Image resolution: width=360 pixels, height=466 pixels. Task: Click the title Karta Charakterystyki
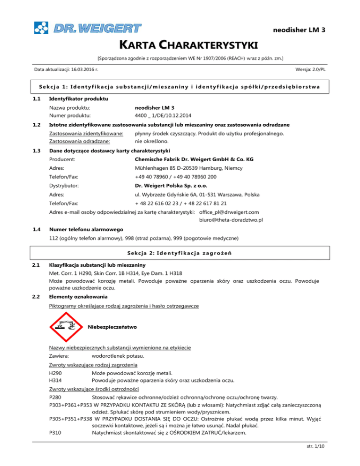(x=180, y=45)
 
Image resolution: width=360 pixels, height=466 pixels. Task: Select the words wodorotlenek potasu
(x=118, y=356)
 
